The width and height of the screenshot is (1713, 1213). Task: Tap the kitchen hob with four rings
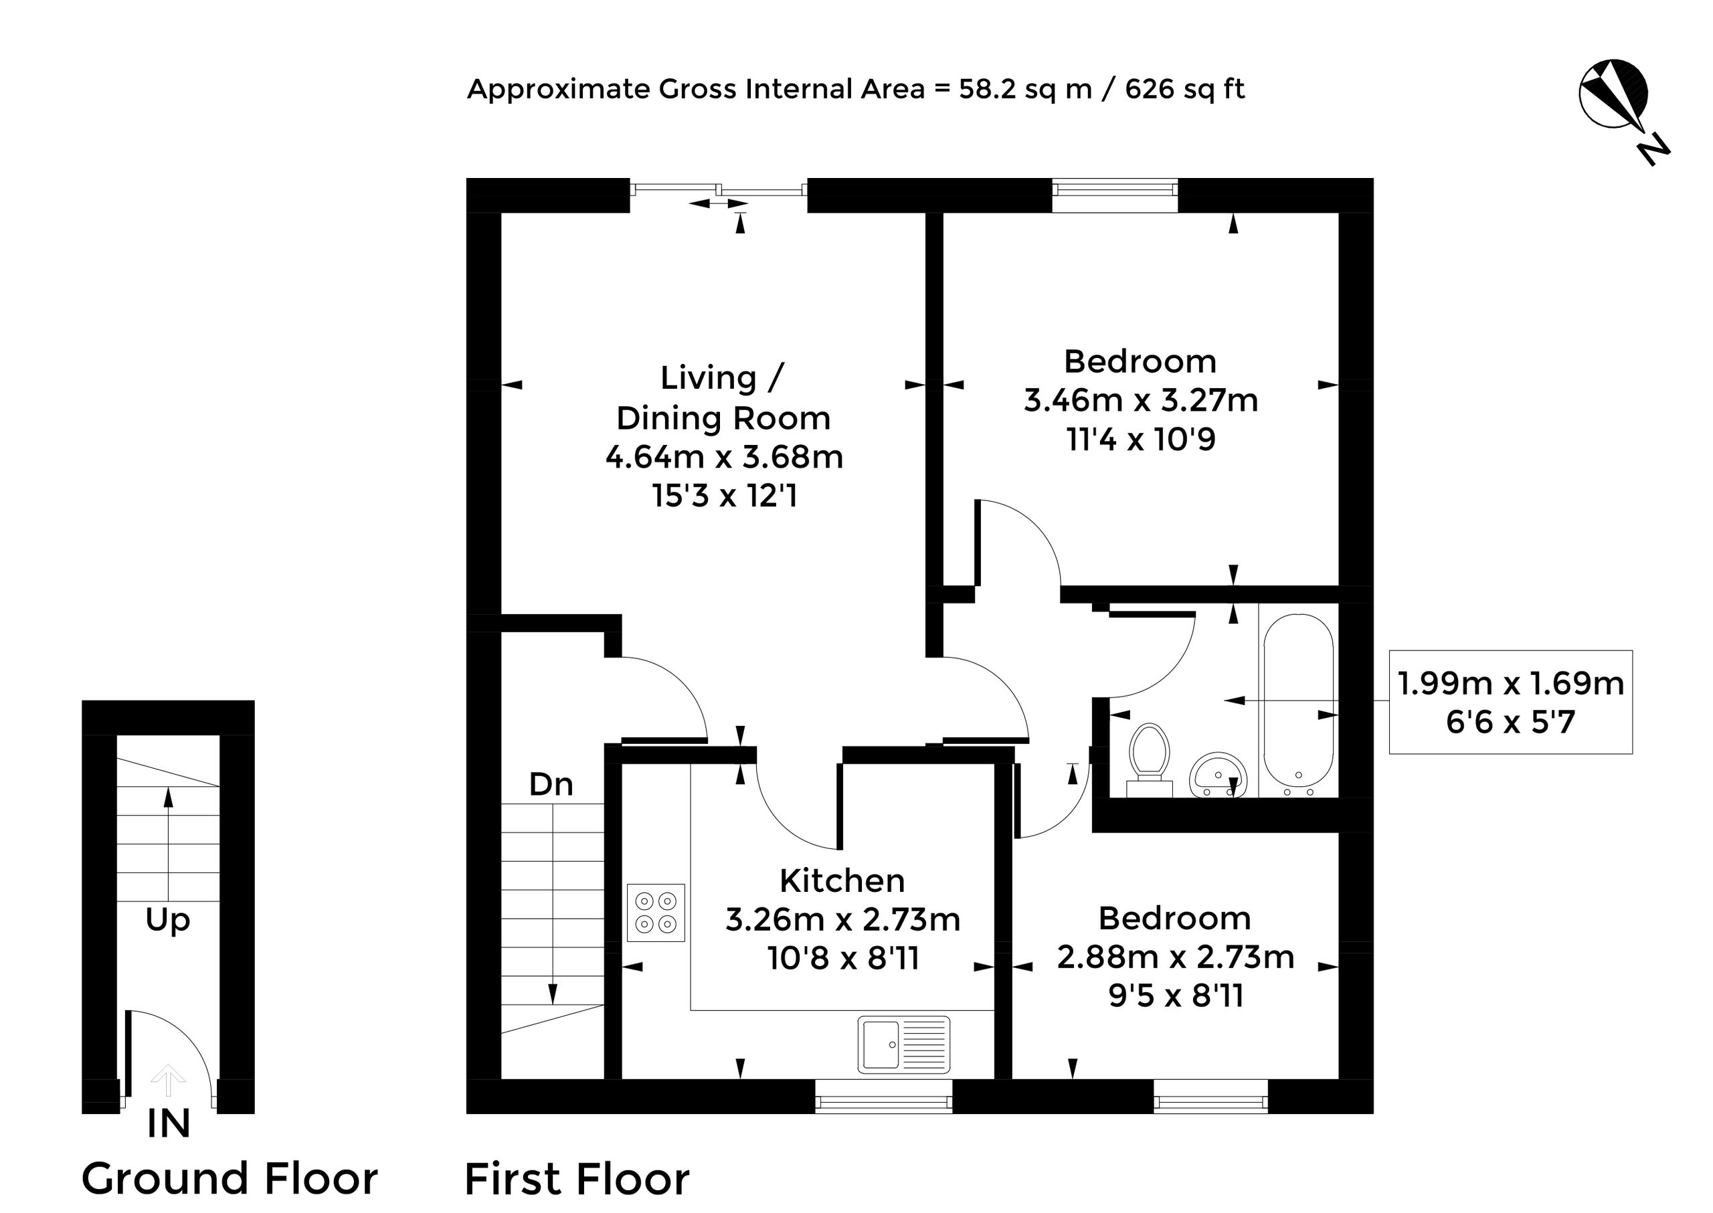pos(656,912)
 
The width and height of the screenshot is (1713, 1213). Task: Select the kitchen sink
pos(904,1044)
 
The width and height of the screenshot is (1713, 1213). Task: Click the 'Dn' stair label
pos(551,784)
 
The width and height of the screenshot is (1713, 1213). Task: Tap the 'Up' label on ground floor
pos(167,920)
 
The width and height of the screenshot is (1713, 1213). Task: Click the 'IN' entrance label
pos(169,1124)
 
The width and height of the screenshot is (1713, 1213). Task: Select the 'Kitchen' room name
pos(842,880)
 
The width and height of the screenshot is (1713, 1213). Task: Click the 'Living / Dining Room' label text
pos(723,397)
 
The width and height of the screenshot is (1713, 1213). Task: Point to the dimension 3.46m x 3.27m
pos(1141,400)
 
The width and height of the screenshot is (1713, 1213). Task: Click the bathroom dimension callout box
pos(1510,702)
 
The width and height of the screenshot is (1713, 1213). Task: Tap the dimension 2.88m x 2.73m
pos(1175,957)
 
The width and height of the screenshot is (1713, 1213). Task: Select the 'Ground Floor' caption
pos(230,1179)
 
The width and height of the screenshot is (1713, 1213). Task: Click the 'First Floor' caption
pos(577,1180)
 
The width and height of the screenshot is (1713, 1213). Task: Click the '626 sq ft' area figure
pos(1185,89)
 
